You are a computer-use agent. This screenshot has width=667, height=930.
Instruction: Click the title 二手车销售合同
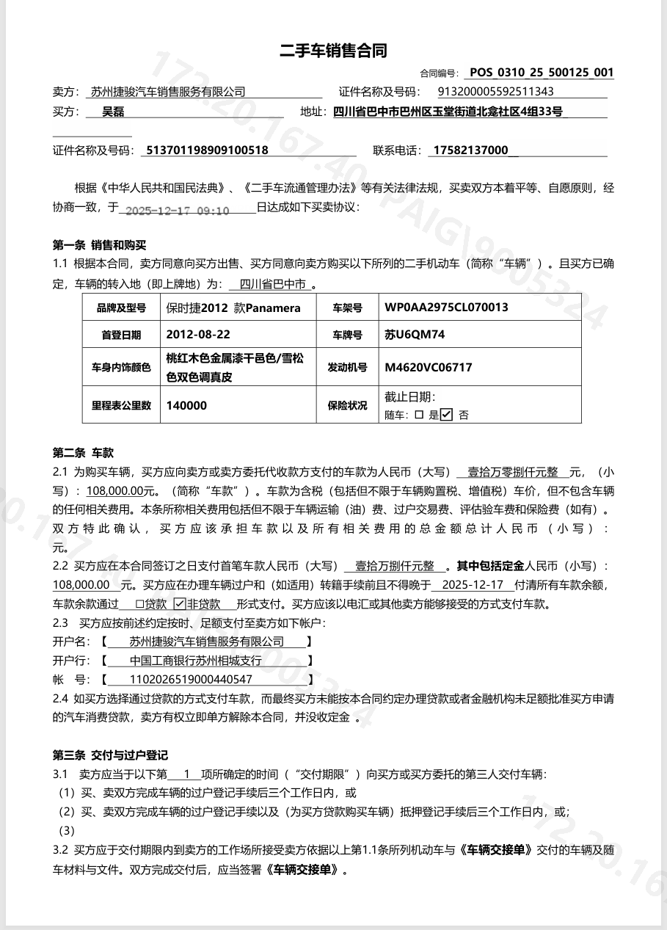333,51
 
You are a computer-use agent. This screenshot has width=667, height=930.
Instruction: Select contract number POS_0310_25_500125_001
542,73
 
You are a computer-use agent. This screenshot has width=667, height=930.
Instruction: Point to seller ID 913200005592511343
495,92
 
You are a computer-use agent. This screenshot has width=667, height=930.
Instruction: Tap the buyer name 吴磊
113,112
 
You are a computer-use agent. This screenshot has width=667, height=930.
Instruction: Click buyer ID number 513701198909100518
208,150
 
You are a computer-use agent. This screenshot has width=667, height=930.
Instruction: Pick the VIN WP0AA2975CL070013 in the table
446,308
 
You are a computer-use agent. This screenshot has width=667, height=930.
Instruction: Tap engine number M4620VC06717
428,367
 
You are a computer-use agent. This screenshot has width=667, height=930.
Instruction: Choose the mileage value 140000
186,405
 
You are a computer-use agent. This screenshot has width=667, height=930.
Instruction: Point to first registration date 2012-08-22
198,335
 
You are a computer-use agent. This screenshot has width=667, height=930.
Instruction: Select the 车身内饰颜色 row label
121,367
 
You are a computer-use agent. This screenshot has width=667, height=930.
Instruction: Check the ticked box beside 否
447,414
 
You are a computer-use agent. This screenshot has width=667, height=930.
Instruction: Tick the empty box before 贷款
139,604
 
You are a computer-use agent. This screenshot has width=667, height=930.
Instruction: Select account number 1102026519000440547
191,680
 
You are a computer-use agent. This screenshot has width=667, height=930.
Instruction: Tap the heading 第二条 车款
83,453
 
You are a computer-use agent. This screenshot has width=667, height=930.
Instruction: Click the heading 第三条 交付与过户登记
110,755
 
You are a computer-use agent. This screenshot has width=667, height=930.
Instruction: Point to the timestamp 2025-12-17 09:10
178,211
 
